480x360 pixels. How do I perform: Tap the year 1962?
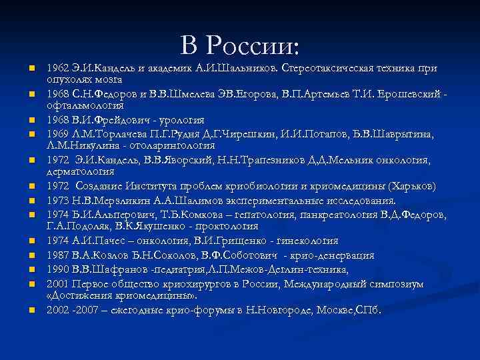(57, 68)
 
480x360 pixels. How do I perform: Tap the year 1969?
(57, 135)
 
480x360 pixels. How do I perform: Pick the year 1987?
(57, 255)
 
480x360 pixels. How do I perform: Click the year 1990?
(57, 269)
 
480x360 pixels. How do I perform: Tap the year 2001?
(57, 285)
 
